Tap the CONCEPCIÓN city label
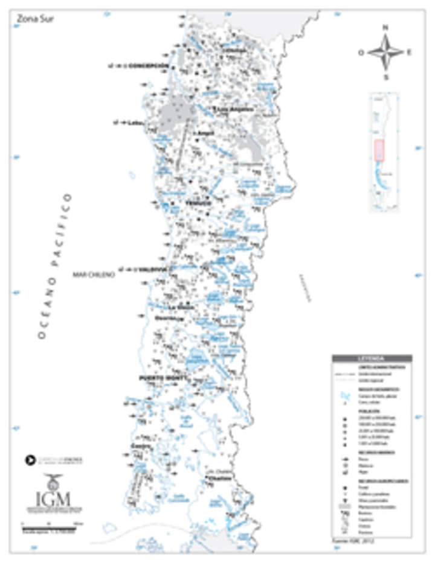(x=148, y=66)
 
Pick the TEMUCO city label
(x=198, y=203)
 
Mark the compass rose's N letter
(x=385, y=27)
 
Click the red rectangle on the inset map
(x=379, y=150)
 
